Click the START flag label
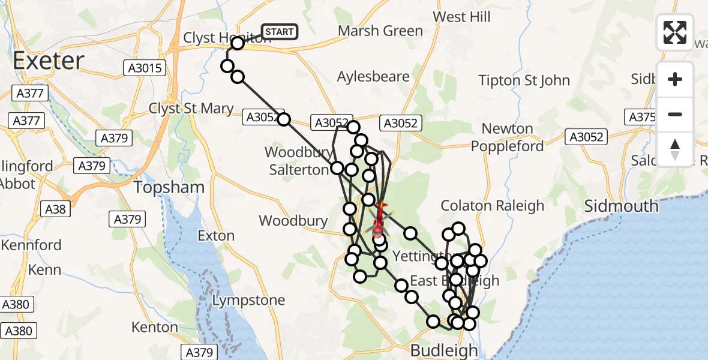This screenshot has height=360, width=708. [x=279, y=32]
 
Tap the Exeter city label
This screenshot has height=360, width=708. [x=48, y=61]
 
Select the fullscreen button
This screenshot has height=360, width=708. [x=675, y=32]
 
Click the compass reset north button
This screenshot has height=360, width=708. [x=675, y=149]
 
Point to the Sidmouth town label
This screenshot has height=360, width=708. [x=622, y=206]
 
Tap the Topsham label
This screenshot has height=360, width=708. [x=169, y=187]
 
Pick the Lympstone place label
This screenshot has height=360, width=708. [x=248, y=300]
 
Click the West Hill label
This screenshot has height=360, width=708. [x=461, y=17]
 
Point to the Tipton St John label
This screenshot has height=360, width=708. [x=524, y=80]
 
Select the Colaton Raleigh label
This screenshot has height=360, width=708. [x=492, y=206]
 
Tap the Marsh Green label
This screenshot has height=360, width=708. [x=380, y=31]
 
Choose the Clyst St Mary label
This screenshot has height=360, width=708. [x=191, y=109]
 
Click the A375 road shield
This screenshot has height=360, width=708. [x=640, y=116]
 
